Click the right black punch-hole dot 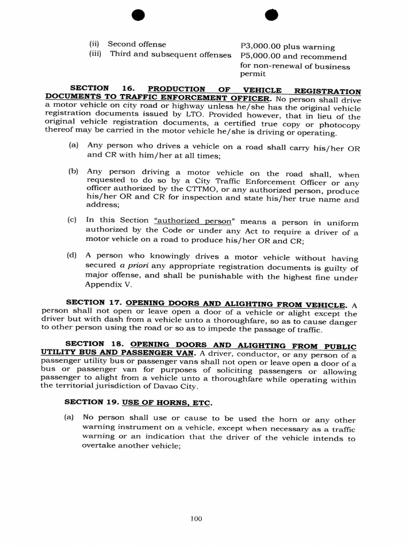pyautogui.click(x=272, y=16)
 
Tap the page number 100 pyautogui.click(x=196, y=519)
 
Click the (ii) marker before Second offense pyautogui.click(x=94, y=44)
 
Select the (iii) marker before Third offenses pyautogui.click(x=96, y=54)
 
